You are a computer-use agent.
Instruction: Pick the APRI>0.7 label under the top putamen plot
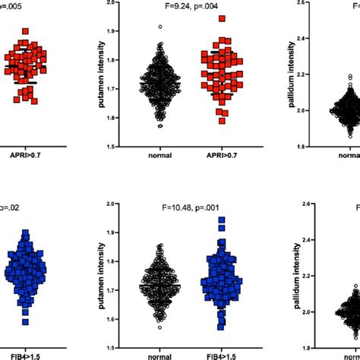(x=216, y=156)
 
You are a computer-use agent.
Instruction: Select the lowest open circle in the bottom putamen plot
(x=159, y=327)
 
